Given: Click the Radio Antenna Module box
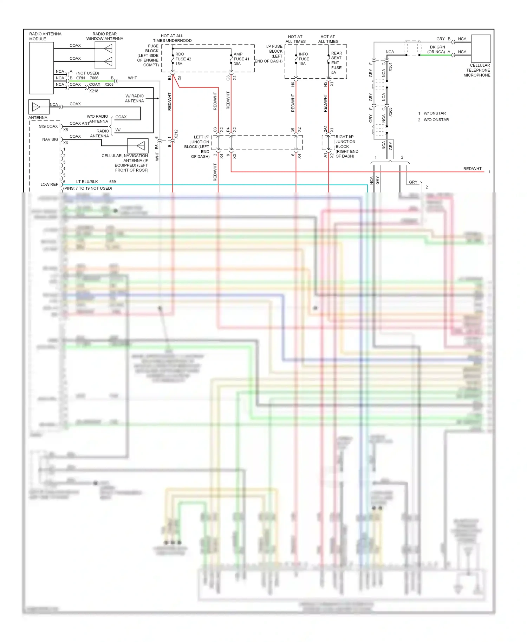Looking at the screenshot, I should click(x=41, y=68).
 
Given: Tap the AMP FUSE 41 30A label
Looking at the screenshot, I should click(x=241, y=59).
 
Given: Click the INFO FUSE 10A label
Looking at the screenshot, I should click(x=304, y=59).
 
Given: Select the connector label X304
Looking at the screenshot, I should click(x=390, y=67).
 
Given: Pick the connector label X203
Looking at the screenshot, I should click(x=390, y=112).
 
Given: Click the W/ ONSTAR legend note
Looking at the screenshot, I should click(x=435, y=113).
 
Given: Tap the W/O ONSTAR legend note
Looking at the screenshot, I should click(x=436, y=120).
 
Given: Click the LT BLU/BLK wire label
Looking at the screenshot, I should click(x=87, y=182).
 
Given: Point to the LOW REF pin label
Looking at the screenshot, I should click(x=49, y=184).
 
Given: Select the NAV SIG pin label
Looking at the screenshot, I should click(x=50, y=139).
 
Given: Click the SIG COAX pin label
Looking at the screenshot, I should click(x=48, y=126).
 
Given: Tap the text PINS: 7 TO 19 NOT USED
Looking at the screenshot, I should click(x=88, y=188).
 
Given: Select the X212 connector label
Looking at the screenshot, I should click(x=176, y=133).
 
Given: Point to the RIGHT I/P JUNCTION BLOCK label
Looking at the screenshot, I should click(x=346, y=146).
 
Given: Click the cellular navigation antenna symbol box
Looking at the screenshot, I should click(x=137, y=146).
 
